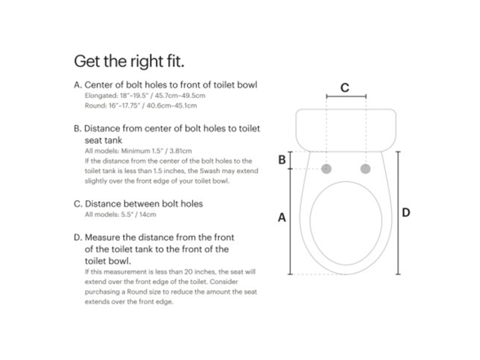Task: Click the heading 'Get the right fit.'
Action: (129, 61)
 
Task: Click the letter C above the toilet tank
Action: (344, 87)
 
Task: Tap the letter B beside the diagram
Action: (282, 160)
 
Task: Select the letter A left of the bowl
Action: (282, 217)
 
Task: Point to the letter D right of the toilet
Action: (406, 212)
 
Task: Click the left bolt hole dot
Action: (327, 169)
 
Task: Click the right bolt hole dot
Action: (364, 169)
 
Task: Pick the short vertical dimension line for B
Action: (291, 160)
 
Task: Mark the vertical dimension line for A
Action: (291, 220)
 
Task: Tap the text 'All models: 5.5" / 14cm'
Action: (120, 214)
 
